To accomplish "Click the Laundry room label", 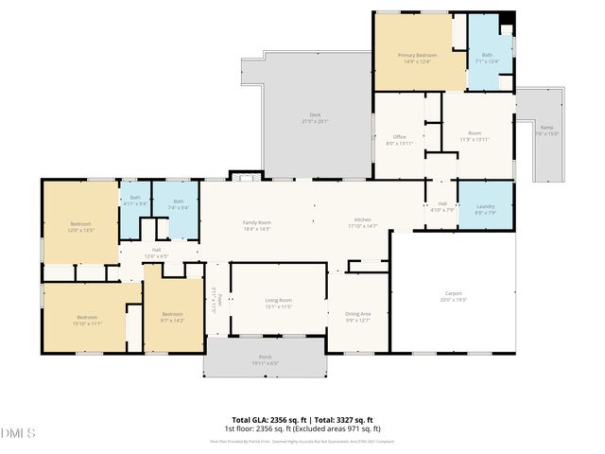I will point(486,209).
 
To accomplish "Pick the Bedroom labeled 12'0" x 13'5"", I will point(80,226).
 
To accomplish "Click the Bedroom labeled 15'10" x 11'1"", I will point(87,319).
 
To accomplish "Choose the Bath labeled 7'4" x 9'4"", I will point(178,203).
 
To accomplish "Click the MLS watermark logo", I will point(19,433).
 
